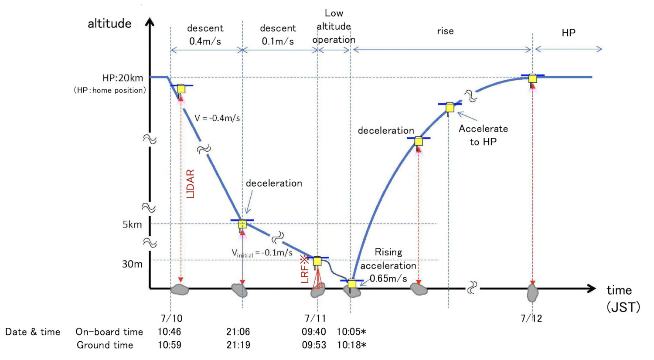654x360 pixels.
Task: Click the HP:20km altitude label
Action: pyautogui.click(x=123, y=78)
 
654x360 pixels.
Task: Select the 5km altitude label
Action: pyautogui.click(x=132, y=224)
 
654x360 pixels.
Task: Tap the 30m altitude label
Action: pyautogui.click(x=132, y=264)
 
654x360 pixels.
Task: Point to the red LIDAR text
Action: pyautogui.click(x=190, y=184)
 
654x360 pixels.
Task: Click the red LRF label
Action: pyautogui.click(x=305, y=270)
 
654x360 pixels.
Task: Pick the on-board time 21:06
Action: pyautogui.click(x=238, y=332)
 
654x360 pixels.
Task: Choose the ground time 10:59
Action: pyautogui.click(x=170, y=345)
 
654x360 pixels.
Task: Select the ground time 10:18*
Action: pyautogui.click(x=351, y=345)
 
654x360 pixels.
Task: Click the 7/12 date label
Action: pyautogui.click(x=531, y=318)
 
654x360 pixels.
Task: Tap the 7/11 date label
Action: pyautogui.click(x=315, y=318)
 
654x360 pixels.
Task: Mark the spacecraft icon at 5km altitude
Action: pyautogui.click(x=242, y=224)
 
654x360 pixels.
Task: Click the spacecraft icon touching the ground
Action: pyautogui.click(x=352, y=284)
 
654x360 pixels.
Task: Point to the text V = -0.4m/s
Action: pyautogui.click(x=217, y=118)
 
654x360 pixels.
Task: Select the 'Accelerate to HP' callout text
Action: pyautogui.click(x=483, y=135)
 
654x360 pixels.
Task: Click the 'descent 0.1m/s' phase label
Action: pyautogui.click(x=278, y=35)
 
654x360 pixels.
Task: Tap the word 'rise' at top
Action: pyautogui.click(x=445, y=31)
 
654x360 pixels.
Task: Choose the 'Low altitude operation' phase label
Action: pyautogui.click(x=334, y=27)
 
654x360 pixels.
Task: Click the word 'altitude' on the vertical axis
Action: pyautogui.click(x=109, y=24)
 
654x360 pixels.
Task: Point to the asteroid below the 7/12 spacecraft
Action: pyautogui.click(x=532, y=292)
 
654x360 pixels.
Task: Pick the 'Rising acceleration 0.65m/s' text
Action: pyautogui.click(x=388, y=265)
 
